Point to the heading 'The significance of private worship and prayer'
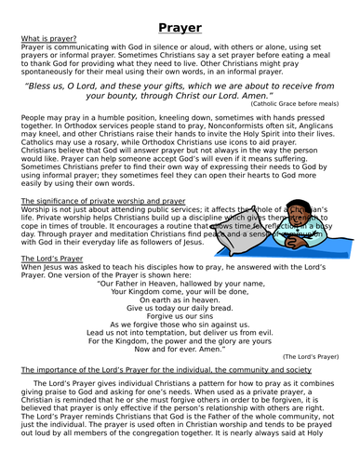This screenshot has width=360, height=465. tap(104, 200)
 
